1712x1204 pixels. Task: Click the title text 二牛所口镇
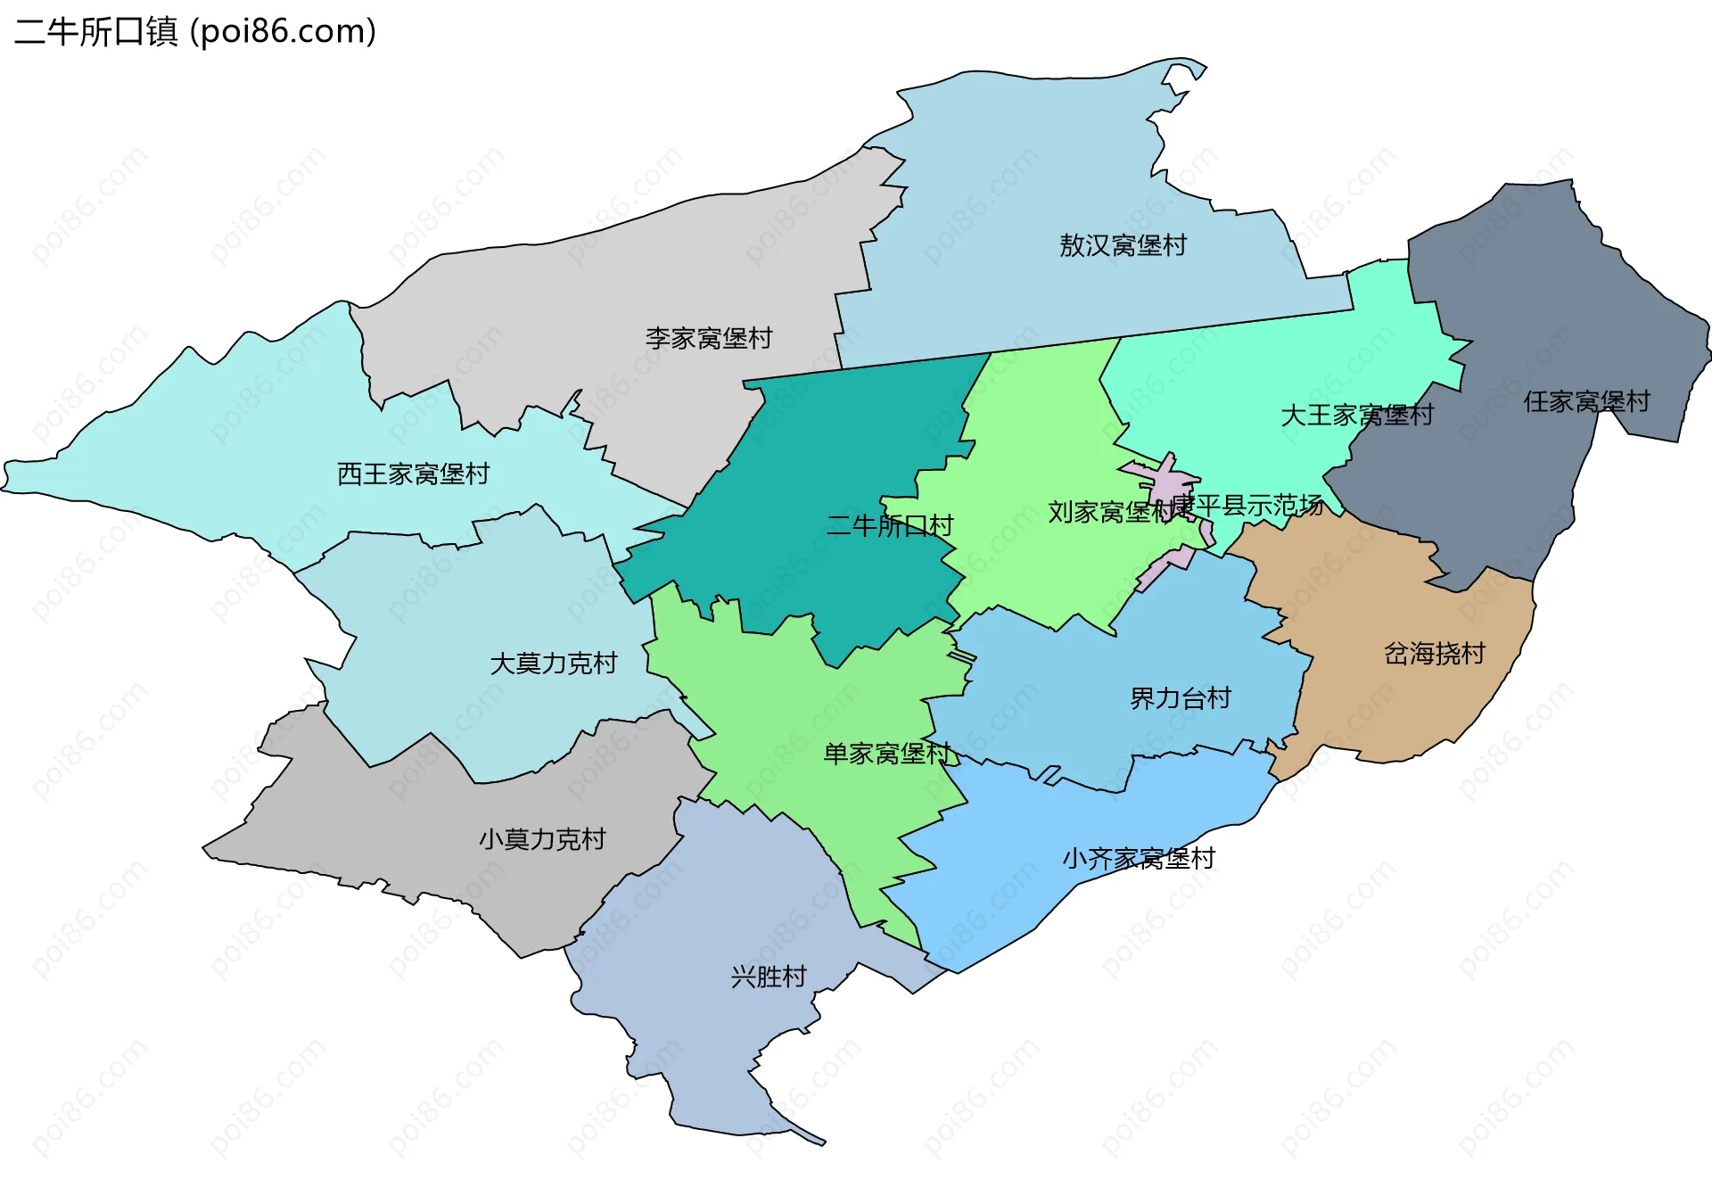tap(96, 32)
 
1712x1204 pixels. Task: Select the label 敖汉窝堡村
tap(1123, 245)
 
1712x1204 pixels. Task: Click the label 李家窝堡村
tap(709, 338)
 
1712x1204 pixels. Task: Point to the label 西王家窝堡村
tap(413, 474)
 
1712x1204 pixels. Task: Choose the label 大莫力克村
tap(553, 664)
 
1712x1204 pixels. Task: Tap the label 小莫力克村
tap(541, 839)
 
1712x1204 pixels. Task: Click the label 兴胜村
tap(768, 977)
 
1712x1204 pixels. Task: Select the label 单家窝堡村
tap(886, 754)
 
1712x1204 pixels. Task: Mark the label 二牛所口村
tap(889, 525)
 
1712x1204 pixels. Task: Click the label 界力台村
tap(1180, 698)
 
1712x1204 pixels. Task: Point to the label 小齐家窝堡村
tap(1138, 858)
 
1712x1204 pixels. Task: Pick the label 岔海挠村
tap(1434, 654)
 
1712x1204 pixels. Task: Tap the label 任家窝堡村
tap(1586, 401)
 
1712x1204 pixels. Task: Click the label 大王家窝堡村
tap(1356, 415)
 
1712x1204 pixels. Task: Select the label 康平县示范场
tap(1248, 506)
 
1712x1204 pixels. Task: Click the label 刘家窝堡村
tap(1110, 512)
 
